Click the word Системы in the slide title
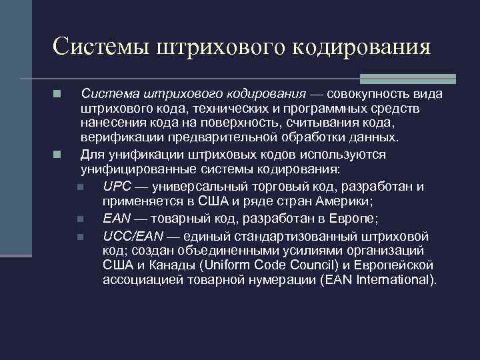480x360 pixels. (100, 47)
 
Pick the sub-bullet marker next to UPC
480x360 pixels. (80, 187)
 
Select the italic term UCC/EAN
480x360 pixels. (133, 235)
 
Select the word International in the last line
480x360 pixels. (391, 279)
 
